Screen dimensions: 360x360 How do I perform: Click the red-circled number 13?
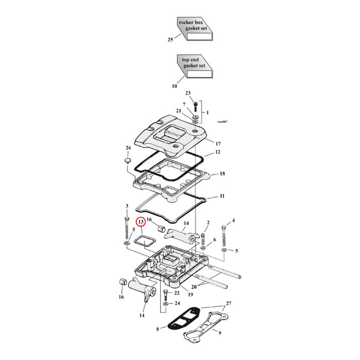pyautogui.click(x=141, y=222)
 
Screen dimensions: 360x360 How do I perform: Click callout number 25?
pyautogui.click(x=171, y=39)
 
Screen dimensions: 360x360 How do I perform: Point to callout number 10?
pyautogui.click(x=174, y=86)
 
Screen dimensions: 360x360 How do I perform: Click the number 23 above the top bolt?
pyautogui.click(x=188, y=93)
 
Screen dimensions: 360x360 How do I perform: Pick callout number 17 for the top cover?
pyautogui.click(x=218, y=143)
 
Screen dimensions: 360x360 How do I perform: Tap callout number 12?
pyautogui.click(x=218, y=152)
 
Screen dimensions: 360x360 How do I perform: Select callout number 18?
pyautogui.click(x=222, y=173)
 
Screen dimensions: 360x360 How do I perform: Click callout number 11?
pyautogui.click(x=222, y=196)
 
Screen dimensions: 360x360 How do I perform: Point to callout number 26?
pyautogui.click(x=128, y=148)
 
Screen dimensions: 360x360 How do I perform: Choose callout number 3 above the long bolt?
pyautogui.click(x=127, y=206)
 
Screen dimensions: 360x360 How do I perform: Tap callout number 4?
pyautogui.click(x=233, y=220)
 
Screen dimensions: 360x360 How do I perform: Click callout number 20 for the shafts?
pyautogui.click(x=193, y=287)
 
